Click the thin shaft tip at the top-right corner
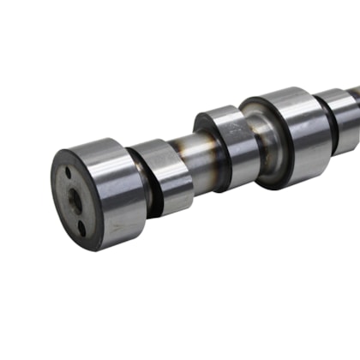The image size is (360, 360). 356,88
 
